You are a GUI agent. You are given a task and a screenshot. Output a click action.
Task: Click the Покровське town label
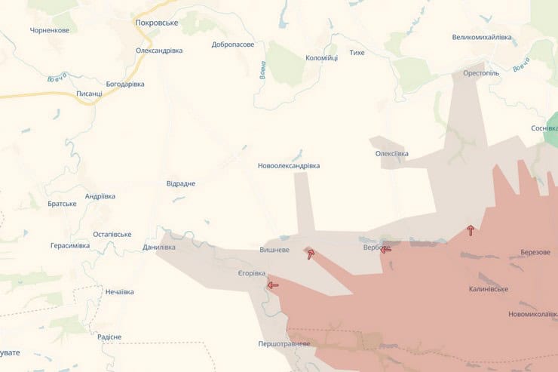(x=156, y=23)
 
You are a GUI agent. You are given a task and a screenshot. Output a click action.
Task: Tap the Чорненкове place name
(x=50, y=30)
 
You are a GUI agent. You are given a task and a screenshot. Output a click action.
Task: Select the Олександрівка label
(x=158, y=51)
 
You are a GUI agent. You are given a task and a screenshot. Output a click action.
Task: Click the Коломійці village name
(x=321, y=57)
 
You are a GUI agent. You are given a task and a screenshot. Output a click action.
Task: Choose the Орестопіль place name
(x=481, y=74)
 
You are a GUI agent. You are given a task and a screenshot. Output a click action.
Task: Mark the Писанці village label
(x=90, y=94)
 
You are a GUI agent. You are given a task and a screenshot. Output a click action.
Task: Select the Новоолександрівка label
(x=289, y=166)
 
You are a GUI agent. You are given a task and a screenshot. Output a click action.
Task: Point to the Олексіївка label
(x=392, y=154)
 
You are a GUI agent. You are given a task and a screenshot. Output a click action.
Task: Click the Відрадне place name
(x=181, y=183)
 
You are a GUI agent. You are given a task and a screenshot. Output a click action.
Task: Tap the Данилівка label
(x=159, y=247)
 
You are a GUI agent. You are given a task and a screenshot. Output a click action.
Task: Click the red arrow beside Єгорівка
(x=272, y=285)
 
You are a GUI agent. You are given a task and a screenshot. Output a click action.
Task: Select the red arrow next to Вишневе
(x=310, y=254)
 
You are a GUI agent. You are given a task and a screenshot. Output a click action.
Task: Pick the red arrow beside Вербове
(x=385, y=249)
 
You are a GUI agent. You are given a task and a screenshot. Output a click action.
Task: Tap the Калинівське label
(x=488, y=289)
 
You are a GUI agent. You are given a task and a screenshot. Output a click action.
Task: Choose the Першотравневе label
(x=284, y=344)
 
